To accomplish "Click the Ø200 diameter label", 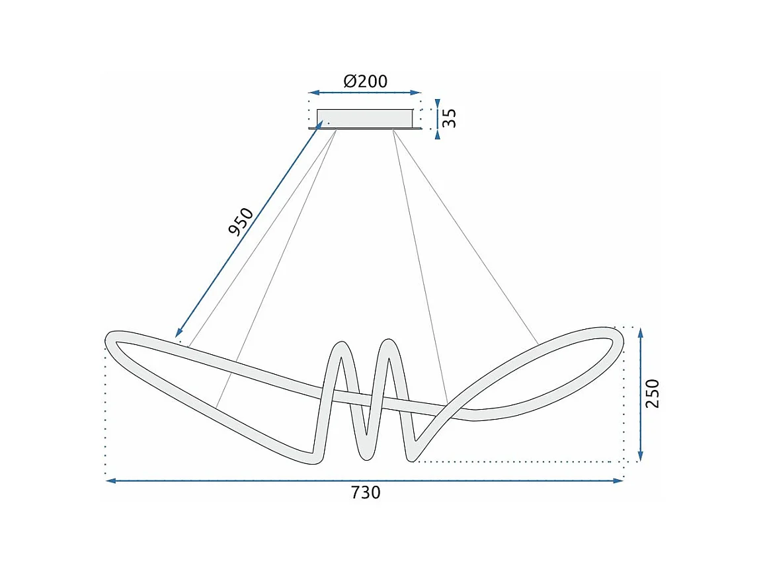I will click(365, 81).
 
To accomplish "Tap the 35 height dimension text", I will click(450, 118).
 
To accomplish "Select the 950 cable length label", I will click(241, 222).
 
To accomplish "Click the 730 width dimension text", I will click(365, 492).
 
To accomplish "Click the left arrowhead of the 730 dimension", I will click(110, 481).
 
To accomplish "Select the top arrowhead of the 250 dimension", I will click(640, 332).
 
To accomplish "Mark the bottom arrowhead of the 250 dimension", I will click(640, 457).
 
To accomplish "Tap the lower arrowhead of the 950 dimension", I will click(179, 334).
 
